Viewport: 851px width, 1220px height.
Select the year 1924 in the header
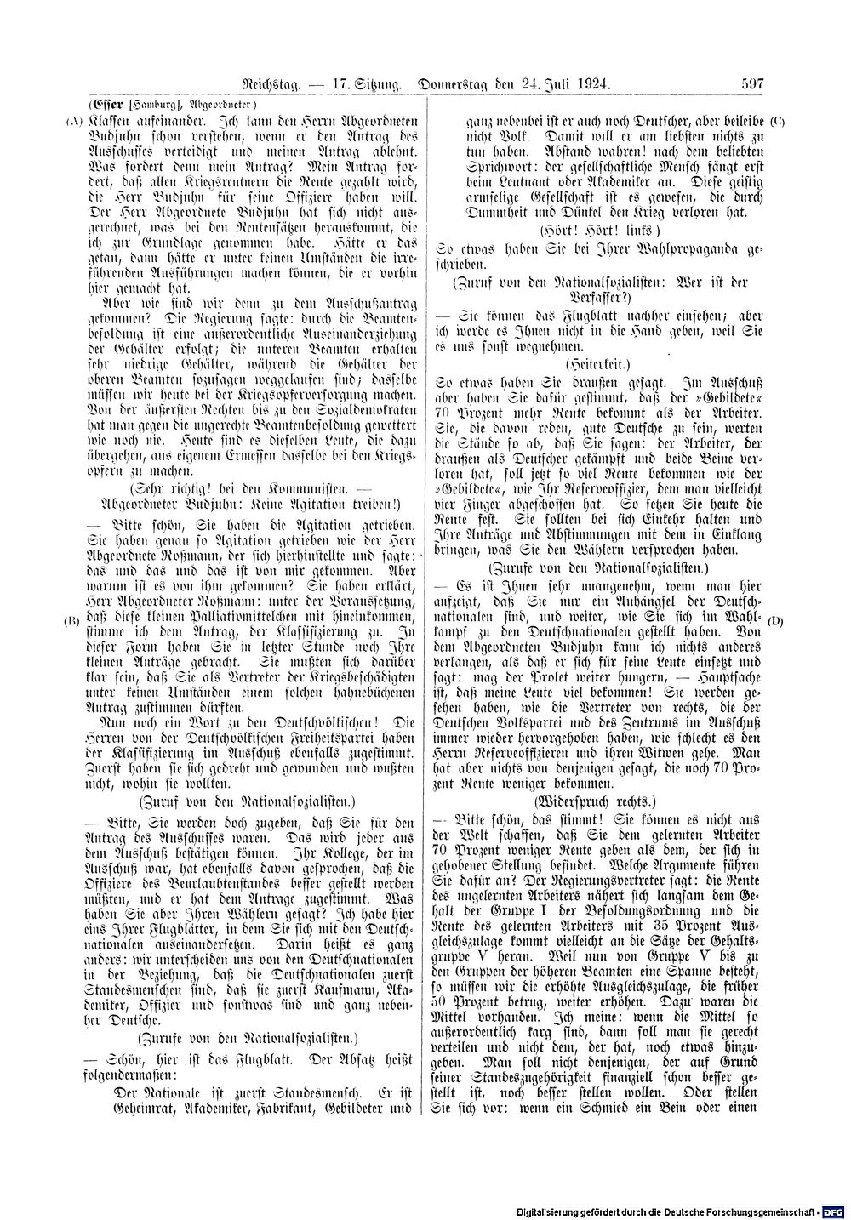click(x=591, y=84)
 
